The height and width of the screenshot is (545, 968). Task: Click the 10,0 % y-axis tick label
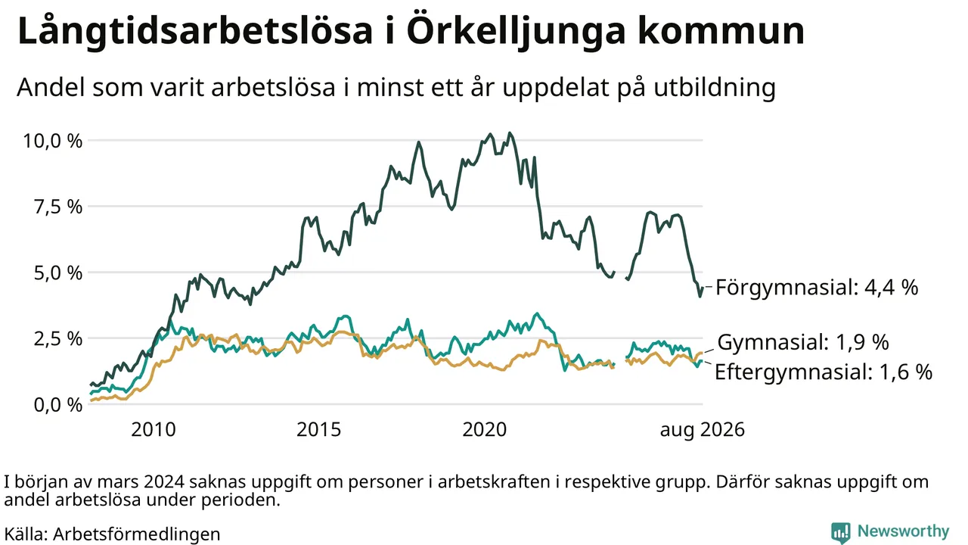(52, 141)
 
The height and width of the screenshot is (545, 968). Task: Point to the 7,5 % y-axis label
(58, 207)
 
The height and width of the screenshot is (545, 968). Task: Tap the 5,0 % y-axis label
(58, 273)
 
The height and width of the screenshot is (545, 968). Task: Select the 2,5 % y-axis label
(58, 339)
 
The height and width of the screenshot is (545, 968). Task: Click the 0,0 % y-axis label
(58, 405)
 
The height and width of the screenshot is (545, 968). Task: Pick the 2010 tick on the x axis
(154, 429)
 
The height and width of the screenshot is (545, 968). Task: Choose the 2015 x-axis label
(319, 429)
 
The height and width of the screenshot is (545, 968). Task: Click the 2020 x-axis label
(485, 429)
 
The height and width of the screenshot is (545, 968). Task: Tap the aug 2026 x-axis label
(703, 430)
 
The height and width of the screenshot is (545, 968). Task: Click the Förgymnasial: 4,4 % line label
(817, 287)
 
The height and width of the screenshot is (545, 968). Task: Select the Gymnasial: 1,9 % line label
(803, 342)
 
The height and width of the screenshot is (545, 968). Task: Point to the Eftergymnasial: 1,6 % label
(824, 372)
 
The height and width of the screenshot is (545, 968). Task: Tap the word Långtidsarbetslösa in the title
(195, 32)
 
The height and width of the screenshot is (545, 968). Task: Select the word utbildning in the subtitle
(715, 87)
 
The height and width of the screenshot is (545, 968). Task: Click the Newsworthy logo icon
(840, 532)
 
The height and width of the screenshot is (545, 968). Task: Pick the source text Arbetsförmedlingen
(137, 534)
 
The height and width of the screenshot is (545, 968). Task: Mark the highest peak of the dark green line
(510, 133)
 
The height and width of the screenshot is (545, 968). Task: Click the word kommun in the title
(721, 31)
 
